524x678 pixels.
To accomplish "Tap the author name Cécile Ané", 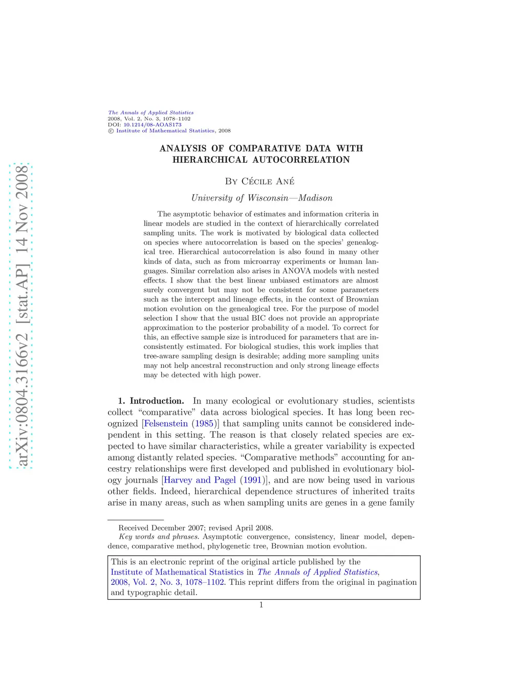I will pyautogui.click(x=260, y=181).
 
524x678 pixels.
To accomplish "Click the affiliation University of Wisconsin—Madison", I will pyautogui.click(x=261, y=198).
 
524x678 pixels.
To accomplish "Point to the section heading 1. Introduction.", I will pyautogui.click(x=151, y=401).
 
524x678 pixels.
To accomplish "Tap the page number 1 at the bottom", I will pyautogui.click(x=261, y=605).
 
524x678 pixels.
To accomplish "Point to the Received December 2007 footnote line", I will pyautogui.click(x=195, y=528).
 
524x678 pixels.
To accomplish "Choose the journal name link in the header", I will pyautogui.click(x=151, y=113).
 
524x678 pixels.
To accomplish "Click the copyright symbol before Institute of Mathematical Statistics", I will pyautogui.click(x=111, y=131).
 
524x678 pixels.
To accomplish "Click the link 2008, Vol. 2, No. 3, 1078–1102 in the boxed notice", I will pyautogui.click(x=167, y=582).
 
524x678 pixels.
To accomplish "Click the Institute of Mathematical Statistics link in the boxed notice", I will pyautogui.click(x=177, y=572).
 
